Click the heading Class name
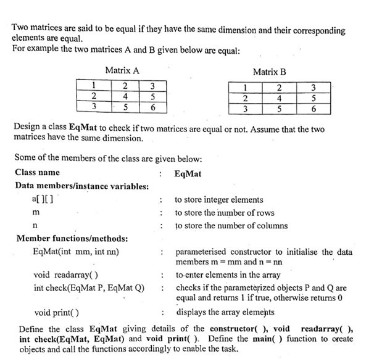click(37, 173)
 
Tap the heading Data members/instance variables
click(81, 186)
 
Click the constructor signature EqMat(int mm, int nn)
click(76, 252)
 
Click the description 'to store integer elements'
click(219, 200)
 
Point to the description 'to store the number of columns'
click(231, 226)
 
